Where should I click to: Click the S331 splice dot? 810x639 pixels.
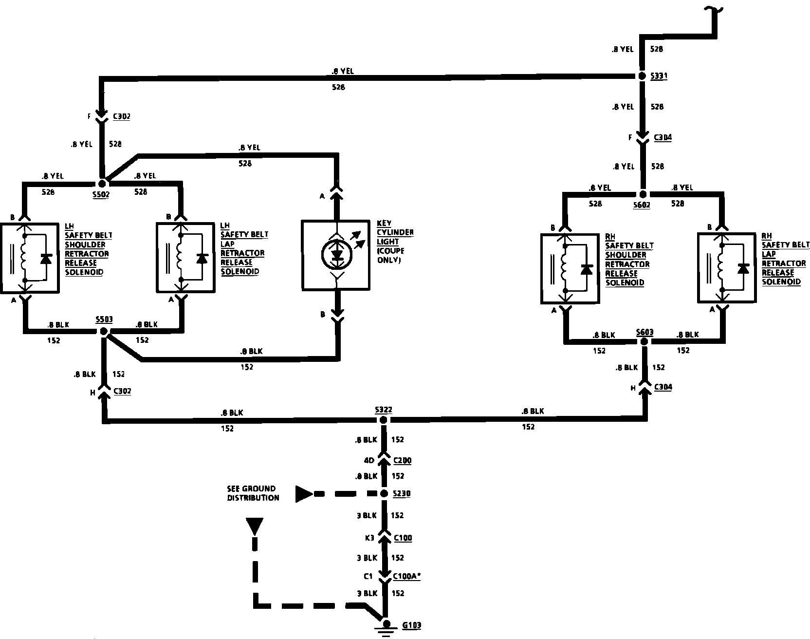642,76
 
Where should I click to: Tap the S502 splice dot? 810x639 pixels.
102,184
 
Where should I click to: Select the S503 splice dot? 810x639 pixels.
103,331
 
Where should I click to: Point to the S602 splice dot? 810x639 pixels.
643,193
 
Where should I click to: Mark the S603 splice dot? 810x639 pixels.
644,342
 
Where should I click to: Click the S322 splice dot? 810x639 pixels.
384,420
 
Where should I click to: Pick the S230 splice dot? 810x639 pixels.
384,494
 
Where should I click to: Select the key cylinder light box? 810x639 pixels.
336,255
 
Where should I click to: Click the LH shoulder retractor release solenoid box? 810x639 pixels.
30,258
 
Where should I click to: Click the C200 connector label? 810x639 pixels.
403,460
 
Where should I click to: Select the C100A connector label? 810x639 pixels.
407,576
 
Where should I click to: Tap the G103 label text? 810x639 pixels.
411,625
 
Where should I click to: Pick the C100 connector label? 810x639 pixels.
403,538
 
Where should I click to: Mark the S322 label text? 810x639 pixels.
383,410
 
